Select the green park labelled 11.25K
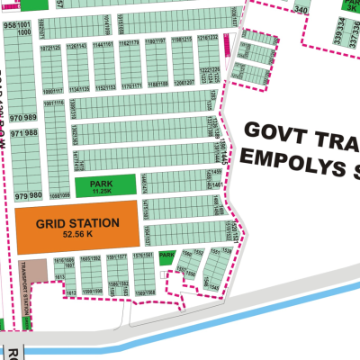pyautogui.click(x=106, y=186)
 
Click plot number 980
pyautogui.click(x=35, y=195)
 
